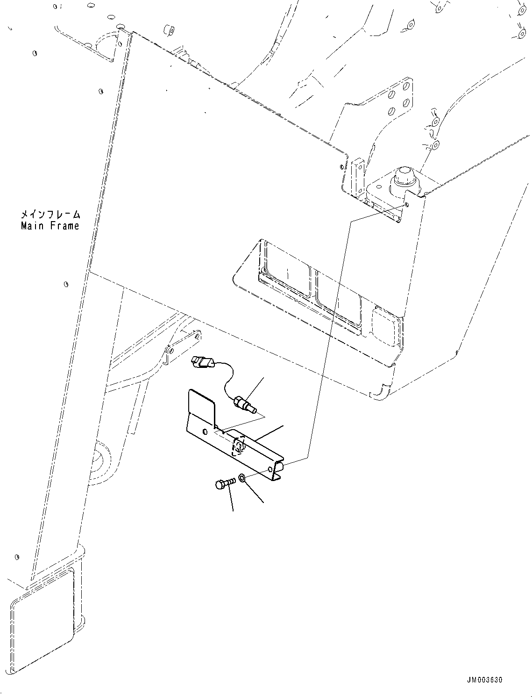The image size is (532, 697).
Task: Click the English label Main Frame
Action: (50, 226)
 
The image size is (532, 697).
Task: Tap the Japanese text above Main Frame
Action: (50, 215)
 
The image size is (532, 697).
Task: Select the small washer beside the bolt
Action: (242, 478)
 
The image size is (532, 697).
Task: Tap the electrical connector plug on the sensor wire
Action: (201, 362)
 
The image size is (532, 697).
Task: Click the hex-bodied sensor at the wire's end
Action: (245, 403)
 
